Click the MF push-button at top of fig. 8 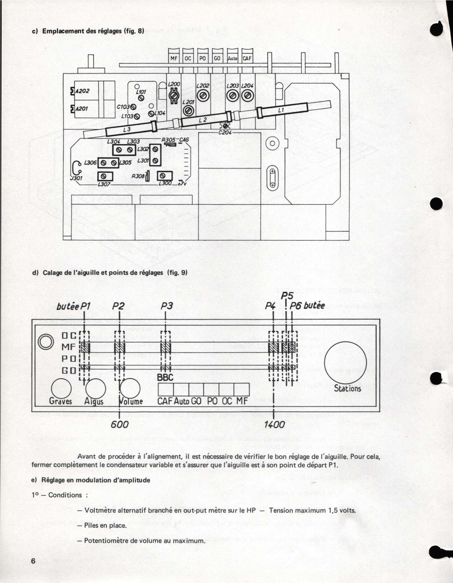[174, 59]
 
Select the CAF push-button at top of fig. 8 [247, 59]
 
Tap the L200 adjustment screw [174, 95]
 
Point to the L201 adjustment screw [189, 111]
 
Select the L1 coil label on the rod [281, 110]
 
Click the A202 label [82, 91]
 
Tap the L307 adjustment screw [105, 176]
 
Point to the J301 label [76, 178]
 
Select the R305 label [168, 140]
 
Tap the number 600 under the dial [120, 424]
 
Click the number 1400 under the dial [274, 424]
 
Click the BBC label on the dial [165, 377]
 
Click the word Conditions [65, 495]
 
